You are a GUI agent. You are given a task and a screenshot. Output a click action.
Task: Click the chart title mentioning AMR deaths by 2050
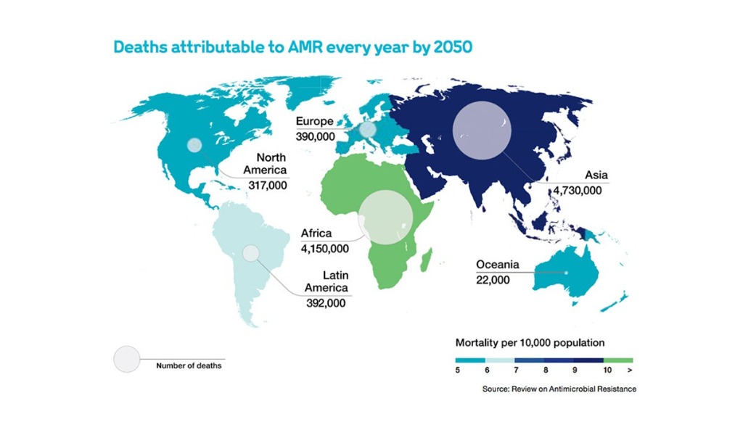293,47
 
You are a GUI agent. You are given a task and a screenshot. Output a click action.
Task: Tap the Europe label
314,123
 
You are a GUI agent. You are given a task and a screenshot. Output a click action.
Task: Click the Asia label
596,175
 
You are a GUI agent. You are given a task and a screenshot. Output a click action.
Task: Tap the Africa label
316,233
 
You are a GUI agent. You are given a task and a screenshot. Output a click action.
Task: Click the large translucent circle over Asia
482,130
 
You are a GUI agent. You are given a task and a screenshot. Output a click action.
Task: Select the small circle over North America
194,145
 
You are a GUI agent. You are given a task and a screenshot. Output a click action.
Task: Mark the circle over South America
250,253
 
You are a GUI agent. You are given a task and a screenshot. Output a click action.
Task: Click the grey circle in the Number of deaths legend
126,359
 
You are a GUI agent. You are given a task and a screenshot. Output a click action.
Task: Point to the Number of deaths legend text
189,365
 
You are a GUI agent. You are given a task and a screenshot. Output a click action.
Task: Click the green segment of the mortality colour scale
618,360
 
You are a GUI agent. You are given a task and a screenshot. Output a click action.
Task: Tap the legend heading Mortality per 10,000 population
530,341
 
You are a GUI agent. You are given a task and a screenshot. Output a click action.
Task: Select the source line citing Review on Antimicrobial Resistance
559,389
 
